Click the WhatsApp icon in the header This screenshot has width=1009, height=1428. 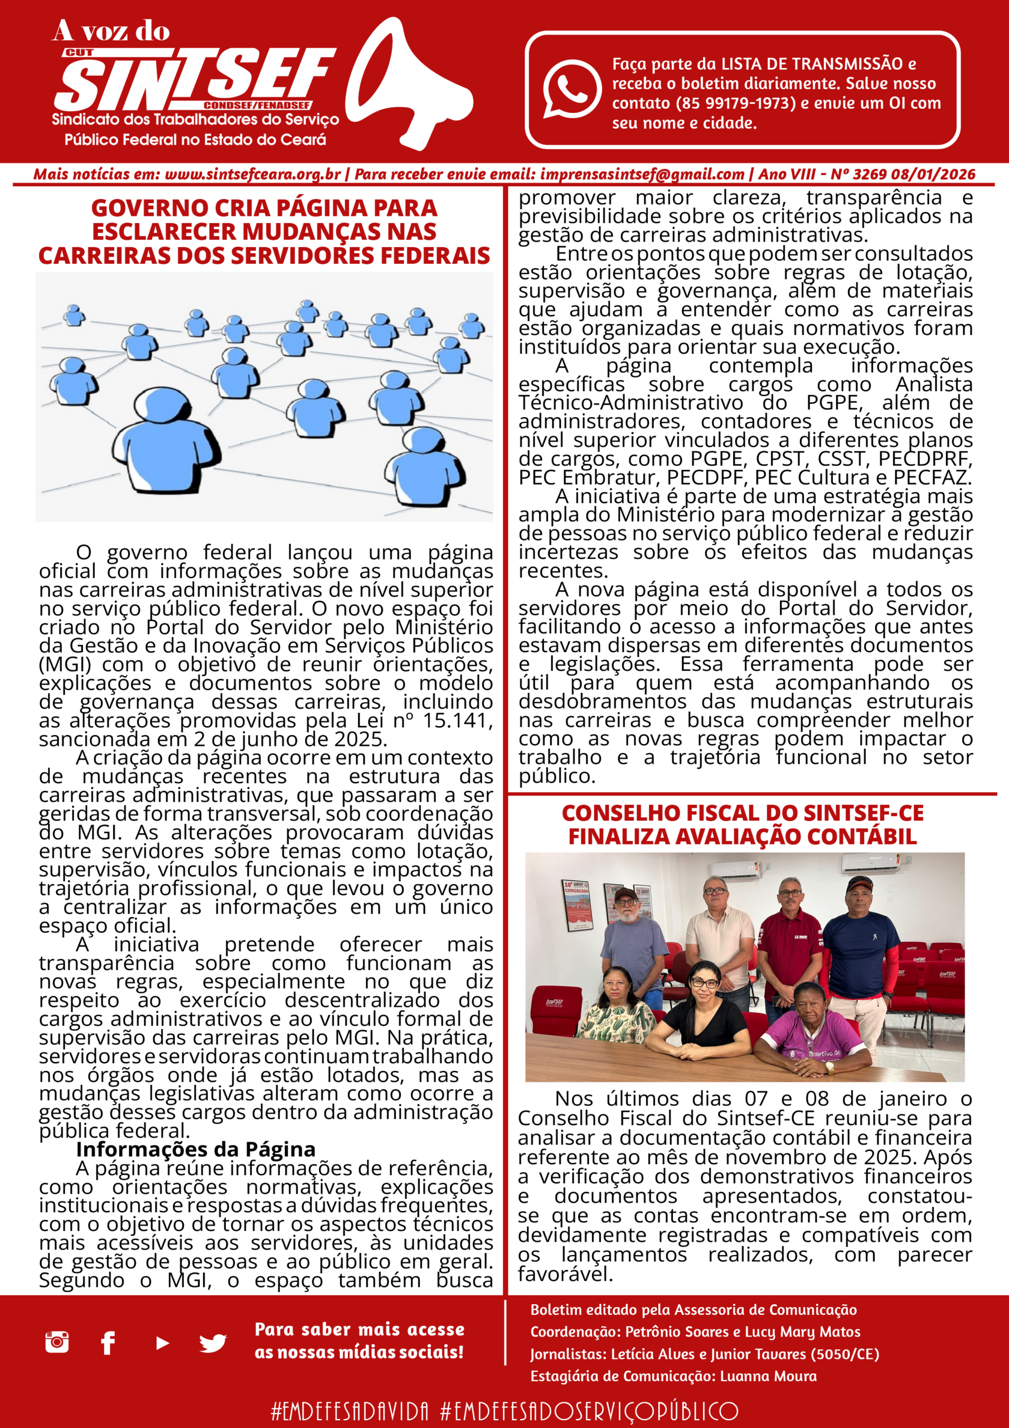click(571, 88)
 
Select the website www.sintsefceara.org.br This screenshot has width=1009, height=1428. click(253, 174)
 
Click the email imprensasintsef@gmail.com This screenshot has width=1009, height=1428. click(642, 174)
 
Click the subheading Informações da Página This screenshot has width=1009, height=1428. click(195, 1149)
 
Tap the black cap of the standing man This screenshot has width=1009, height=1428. click(858, 882)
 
